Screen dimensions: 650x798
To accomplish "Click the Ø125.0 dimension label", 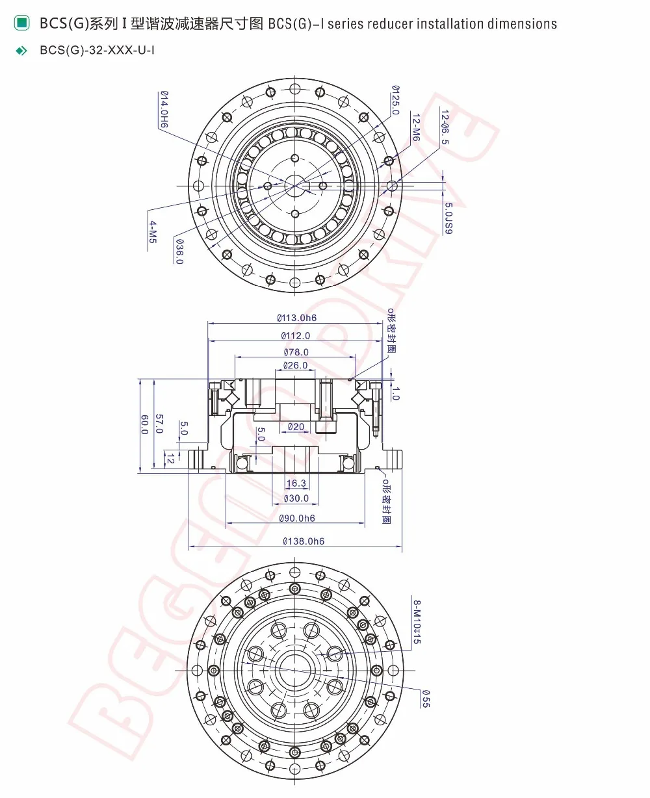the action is pos(396,100).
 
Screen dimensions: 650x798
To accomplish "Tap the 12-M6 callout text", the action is pos(416,127).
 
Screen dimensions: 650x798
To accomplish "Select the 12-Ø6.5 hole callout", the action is pos(445,127).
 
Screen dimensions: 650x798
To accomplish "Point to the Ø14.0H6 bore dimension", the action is pos(164,109).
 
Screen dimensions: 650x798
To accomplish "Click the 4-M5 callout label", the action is pos(153,232).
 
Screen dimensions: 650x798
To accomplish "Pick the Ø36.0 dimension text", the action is pos(179,251).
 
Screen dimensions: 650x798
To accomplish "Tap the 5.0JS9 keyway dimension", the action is pos(448,218).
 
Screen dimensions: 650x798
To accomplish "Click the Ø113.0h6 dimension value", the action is pos(296,318).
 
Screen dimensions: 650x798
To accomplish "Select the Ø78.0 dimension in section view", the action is pos(296,352).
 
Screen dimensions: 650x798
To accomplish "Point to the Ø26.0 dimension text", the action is pos(295,365).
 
